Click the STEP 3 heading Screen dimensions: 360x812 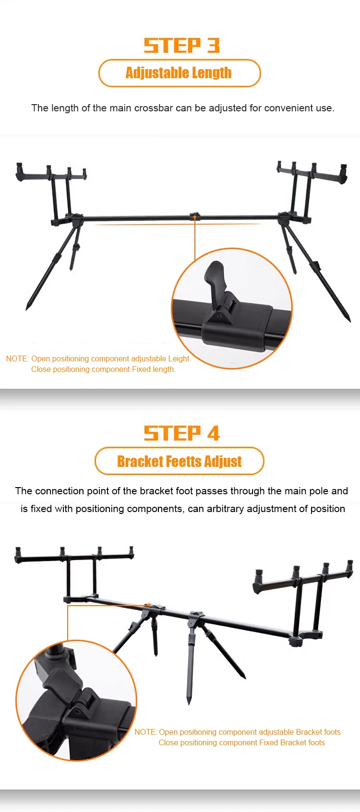pyautogui.click(x=181, y=45)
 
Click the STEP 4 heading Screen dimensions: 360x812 pyautogui.click(x=181, y=433)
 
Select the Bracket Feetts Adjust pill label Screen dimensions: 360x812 pyautogui.click(x=179, y=461)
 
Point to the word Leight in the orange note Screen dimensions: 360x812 pyautogui.click(x=179, y=359)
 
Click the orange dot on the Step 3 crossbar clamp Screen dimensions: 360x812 pyautogui.click(x=195, y=217)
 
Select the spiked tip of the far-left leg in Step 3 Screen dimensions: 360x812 pyautogui.click(x=27, y=309)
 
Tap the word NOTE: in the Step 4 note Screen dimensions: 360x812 pyautogui.click(x=146, y=732)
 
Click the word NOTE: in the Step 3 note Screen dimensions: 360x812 pyautogui.click(x=17, y=359)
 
